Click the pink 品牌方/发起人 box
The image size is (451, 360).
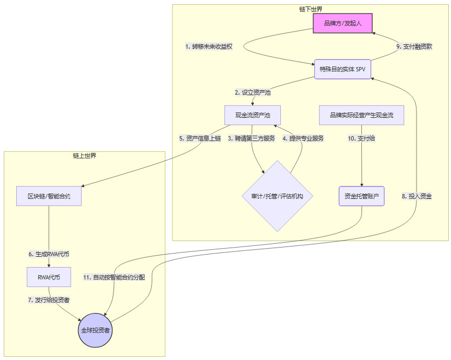(342, 24)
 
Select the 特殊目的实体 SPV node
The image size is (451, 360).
(342, 69)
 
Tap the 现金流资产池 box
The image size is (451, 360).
(252, 115)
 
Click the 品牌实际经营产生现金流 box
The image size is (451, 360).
(361, 115)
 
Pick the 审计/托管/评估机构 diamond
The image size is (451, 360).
(277, 196)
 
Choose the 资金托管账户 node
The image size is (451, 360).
(361, 196)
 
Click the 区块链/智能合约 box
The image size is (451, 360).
(49, 196)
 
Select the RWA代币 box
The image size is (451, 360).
(49, 277)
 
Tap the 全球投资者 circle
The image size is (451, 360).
(95, 330)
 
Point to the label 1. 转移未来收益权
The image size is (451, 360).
(208, 46)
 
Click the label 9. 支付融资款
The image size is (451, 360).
(414, 46)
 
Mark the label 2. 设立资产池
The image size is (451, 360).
(253, 92)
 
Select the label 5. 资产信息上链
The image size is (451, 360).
(200, 138)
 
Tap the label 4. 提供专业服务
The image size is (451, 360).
(304, 138)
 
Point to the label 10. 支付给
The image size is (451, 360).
(361, 138)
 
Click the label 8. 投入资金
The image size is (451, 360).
(416, 196)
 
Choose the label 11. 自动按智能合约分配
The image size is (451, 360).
(114, 277)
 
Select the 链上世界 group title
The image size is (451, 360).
(84, 156)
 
